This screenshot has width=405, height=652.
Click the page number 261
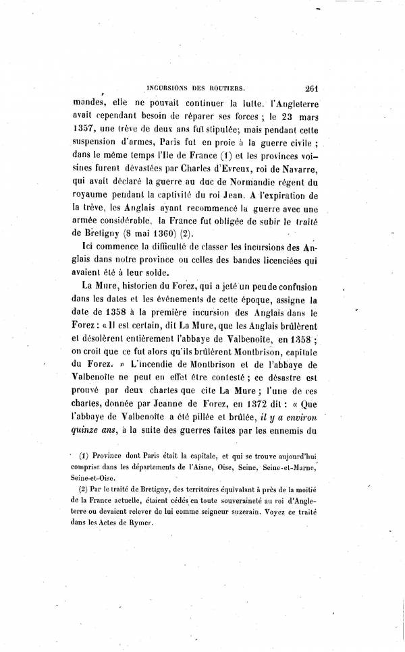(315, 87)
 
